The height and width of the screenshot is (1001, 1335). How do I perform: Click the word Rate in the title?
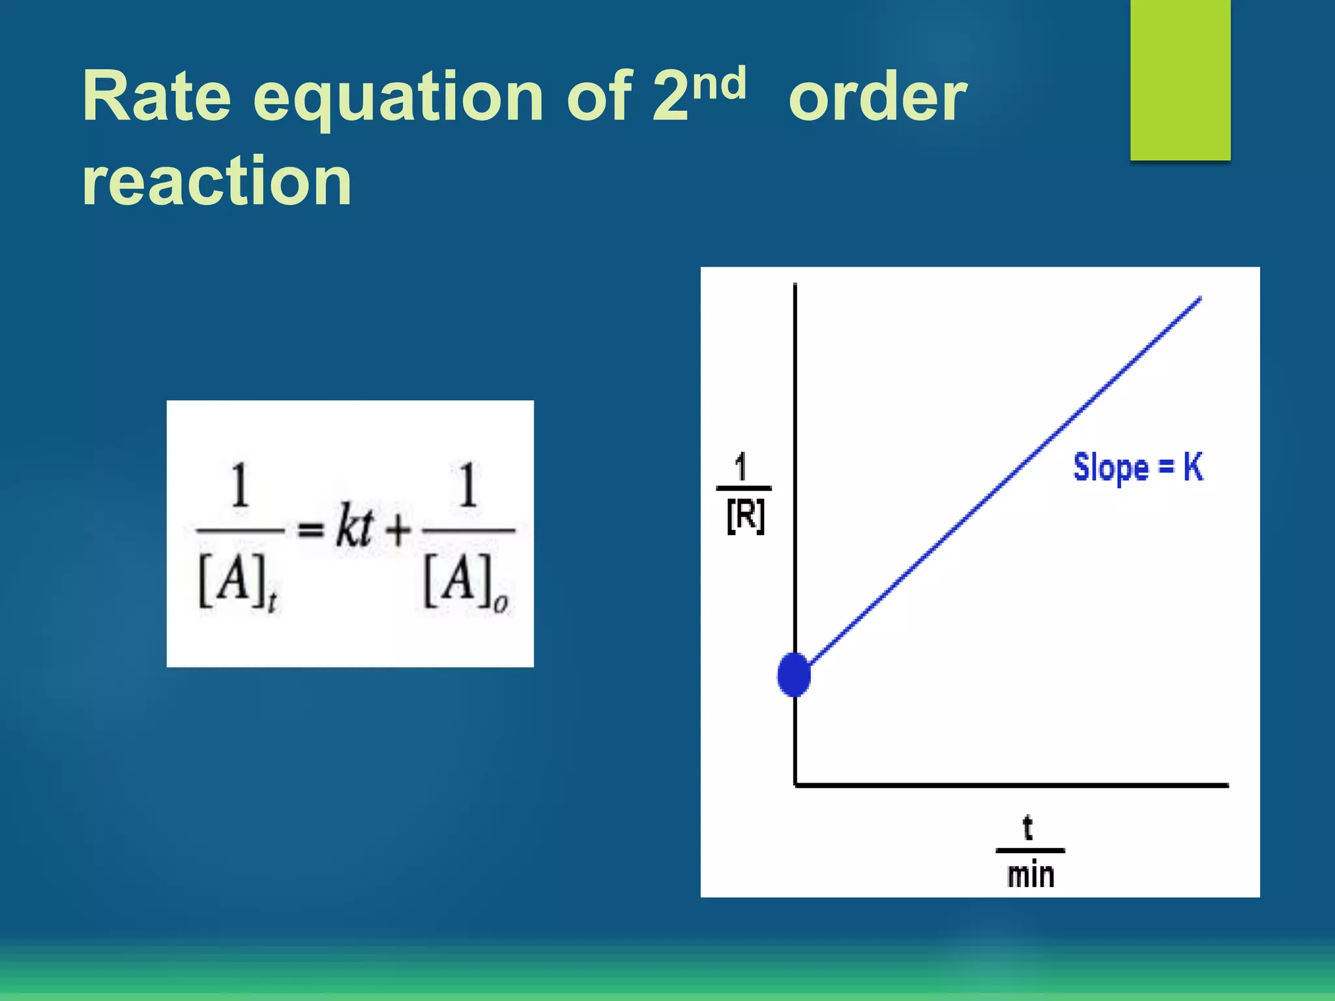[x=156, y=96]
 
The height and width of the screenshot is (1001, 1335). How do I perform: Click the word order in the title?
[x=877, y=98]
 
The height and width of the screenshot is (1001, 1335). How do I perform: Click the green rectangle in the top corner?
[x=1180, y=80]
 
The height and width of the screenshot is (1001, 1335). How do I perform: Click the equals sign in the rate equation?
[x=310, y=530]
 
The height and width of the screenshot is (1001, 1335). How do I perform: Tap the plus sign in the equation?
[x=398, y=529]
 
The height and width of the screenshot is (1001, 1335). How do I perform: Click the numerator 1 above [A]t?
[x=240, y=486]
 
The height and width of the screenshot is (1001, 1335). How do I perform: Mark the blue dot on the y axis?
[x=794, y=675]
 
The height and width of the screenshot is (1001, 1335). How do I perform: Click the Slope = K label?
[x=1137, y=467]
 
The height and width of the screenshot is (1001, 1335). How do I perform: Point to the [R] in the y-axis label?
[x=745, y=517]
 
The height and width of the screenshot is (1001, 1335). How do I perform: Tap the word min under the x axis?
[x=1030, y=875]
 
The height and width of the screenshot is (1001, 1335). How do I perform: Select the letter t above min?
[x=1028, y=828]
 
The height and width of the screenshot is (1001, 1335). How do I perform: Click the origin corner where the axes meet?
[x=795, y=785]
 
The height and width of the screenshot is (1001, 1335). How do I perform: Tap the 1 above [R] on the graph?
[x=741, y=467]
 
